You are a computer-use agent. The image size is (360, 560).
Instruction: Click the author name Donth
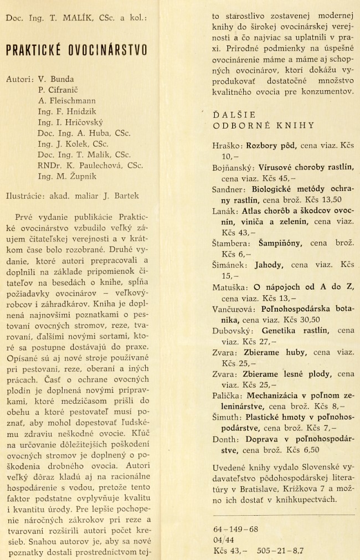(x=225, y=438)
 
